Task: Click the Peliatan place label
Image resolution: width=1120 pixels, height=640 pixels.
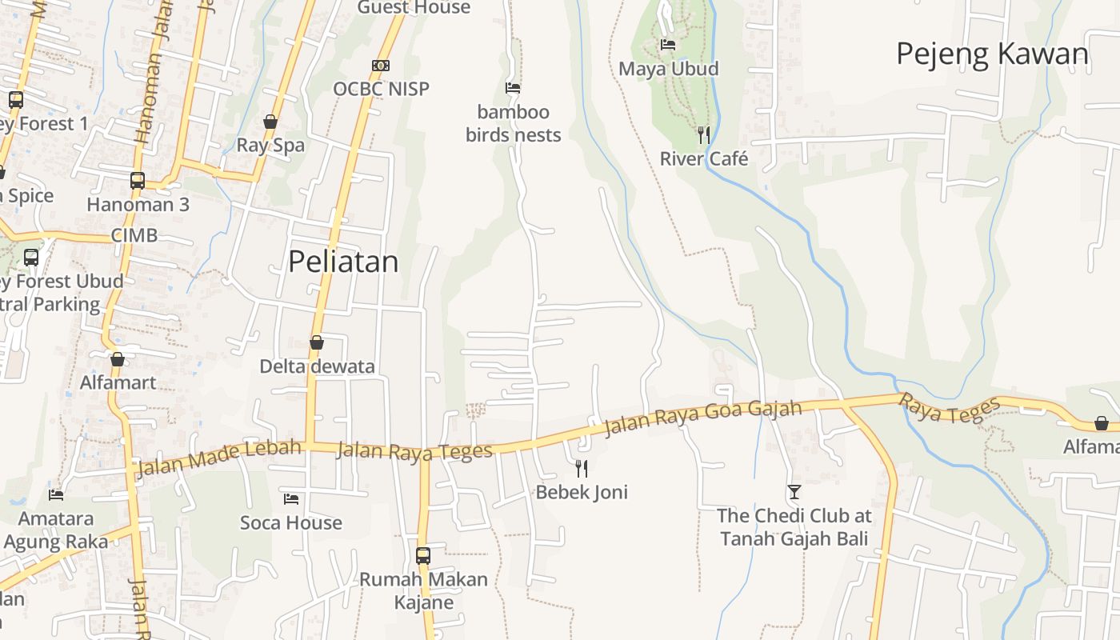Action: coord(343,262)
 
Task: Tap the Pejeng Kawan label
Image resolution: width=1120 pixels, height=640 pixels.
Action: coord(992,54)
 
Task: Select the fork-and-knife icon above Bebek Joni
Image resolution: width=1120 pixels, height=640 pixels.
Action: coord(582,468)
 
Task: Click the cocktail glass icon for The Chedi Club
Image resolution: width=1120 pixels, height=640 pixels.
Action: coord(794,491)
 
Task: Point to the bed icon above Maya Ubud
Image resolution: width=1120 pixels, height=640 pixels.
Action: coord(668,45)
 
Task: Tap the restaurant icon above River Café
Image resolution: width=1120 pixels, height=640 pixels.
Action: coord(703,134)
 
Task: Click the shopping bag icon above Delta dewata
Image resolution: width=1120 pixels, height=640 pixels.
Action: coord(317,342)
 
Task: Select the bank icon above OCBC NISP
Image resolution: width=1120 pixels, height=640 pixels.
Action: coord(381,66)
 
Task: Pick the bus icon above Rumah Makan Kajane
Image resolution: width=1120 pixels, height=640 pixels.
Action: coord(423,555)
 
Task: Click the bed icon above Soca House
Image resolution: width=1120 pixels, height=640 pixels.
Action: coord(291,499)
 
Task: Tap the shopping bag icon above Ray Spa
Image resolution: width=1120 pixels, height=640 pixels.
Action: coord(270,122)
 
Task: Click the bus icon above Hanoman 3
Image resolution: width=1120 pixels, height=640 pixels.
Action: coord(138,181)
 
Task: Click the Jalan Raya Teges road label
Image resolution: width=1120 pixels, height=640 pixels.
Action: coord(414,452)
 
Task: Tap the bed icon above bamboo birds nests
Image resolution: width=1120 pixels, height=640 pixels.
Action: coord(513,88)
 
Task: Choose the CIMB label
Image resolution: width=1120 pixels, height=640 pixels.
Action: coord(134,236)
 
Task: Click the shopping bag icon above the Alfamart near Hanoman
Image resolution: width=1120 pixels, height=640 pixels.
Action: coord(118,359)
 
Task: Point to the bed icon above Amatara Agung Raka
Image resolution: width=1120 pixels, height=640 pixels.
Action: coord(56,495)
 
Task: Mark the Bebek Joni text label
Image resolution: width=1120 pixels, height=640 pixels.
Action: coord(582,492)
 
